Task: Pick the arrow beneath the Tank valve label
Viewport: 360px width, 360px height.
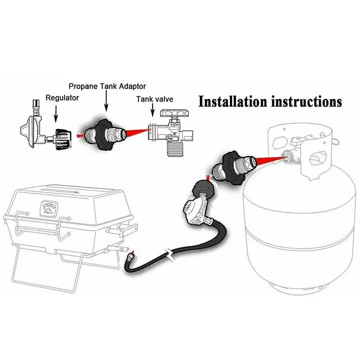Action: [x=153, y=115]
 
